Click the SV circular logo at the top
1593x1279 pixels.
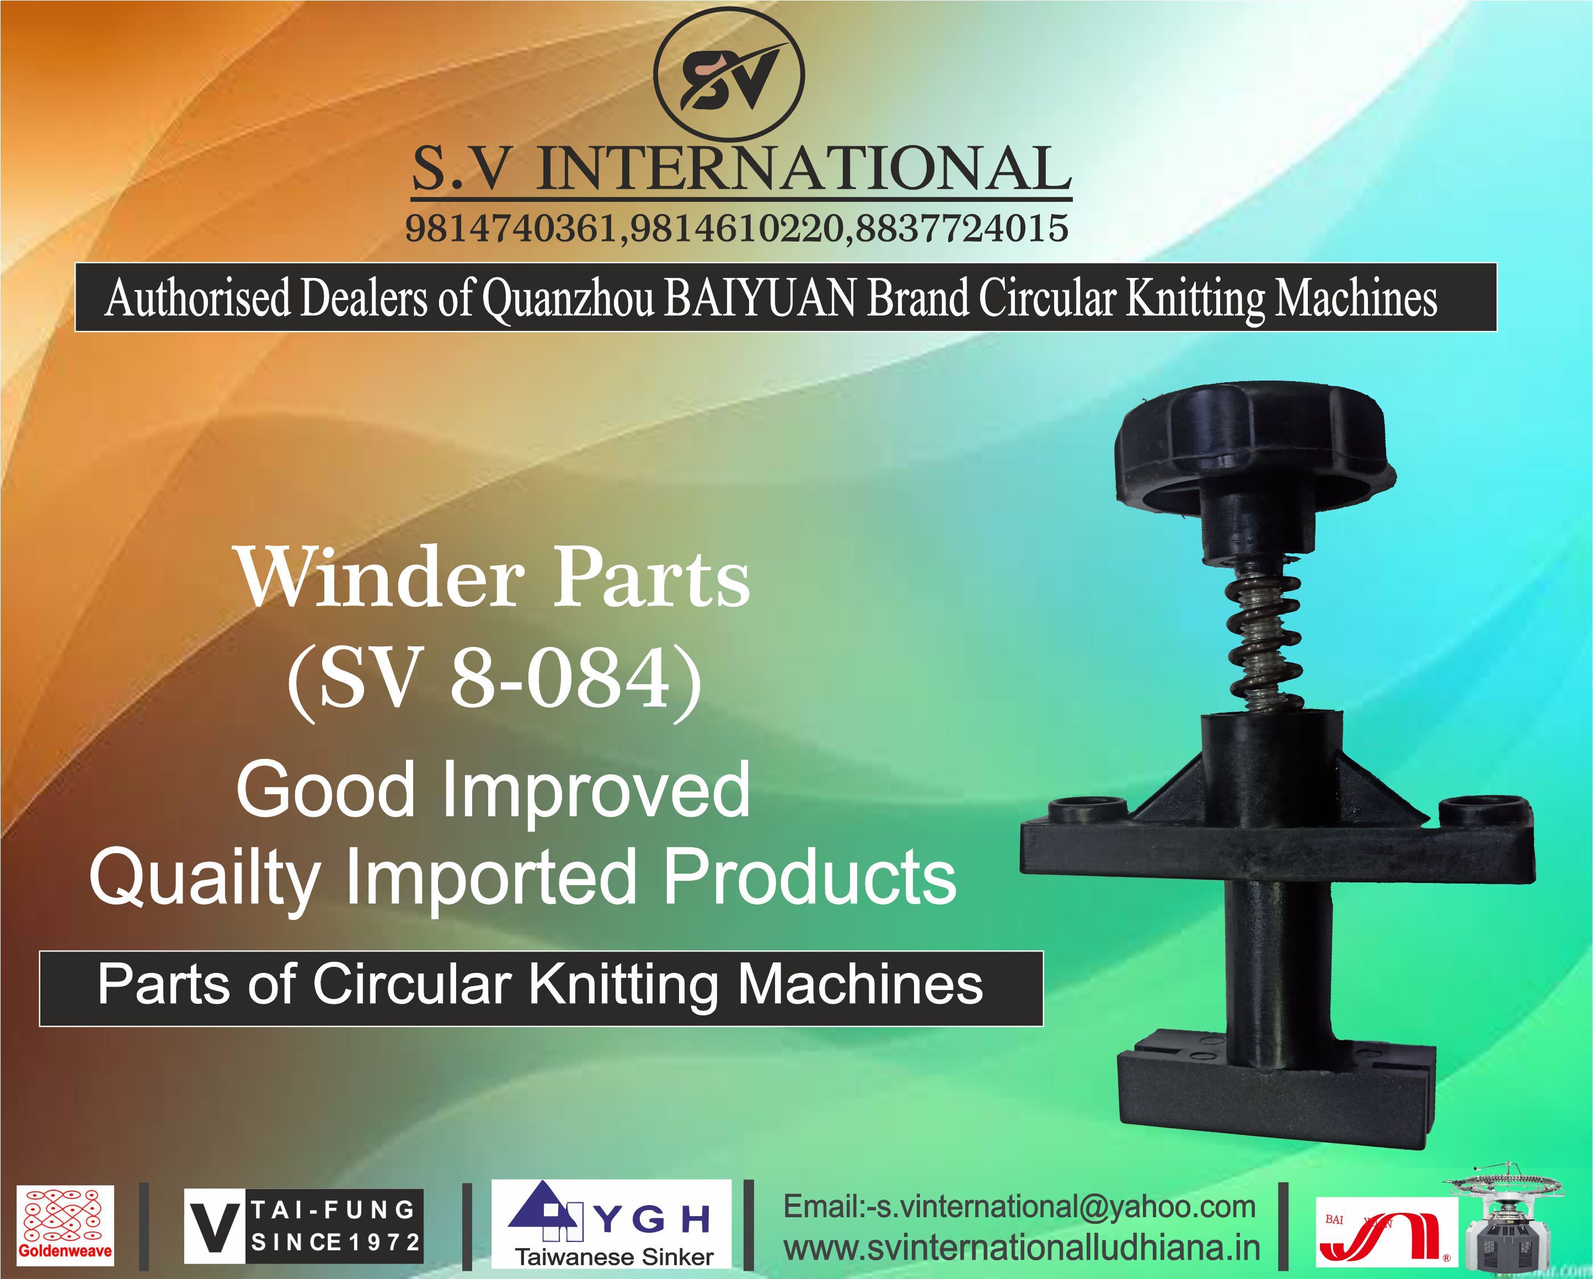pyautogui.click(x=729, y=76)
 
